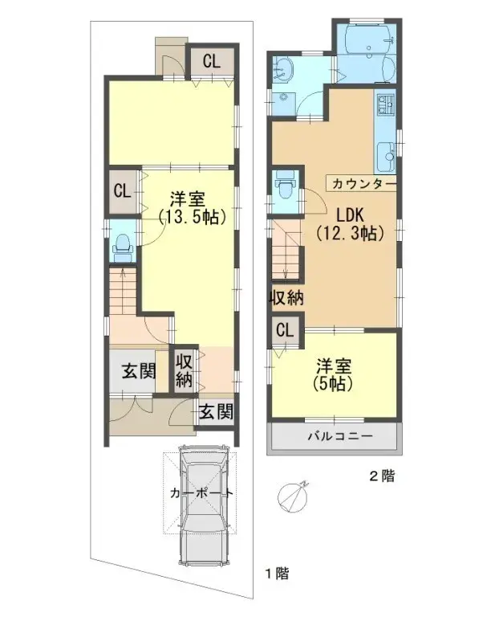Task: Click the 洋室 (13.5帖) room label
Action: coord(190,207)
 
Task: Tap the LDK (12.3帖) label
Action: coord(351,224)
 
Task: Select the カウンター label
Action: coord(361,183)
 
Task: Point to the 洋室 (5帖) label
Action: coord(332,374)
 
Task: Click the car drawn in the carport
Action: coord(204,506)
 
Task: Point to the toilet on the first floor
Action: coord(123,246)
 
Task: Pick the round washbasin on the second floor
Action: coord(282,72)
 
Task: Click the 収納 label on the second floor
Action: coord(286,298)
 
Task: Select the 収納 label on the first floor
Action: coord(185,370)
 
